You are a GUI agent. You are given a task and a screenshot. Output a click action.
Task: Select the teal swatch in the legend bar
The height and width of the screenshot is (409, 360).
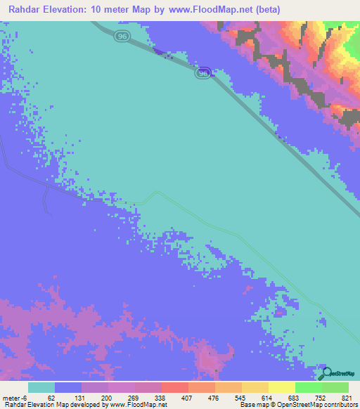[x=41, y=387]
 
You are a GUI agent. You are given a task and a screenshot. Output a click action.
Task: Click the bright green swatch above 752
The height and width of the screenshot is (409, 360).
[x=308, y=387]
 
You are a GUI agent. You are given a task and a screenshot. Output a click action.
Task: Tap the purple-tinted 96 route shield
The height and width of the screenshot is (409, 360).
[x=203, y=73]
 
